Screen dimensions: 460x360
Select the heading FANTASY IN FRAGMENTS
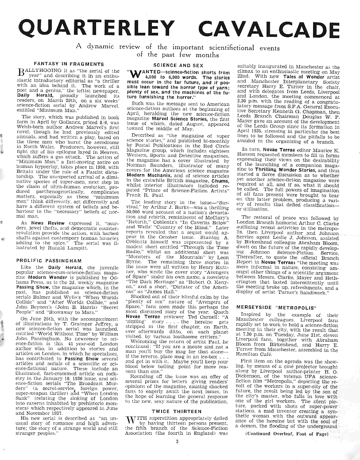coord(69,64)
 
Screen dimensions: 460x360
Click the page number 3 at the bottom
coord(176,441)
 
